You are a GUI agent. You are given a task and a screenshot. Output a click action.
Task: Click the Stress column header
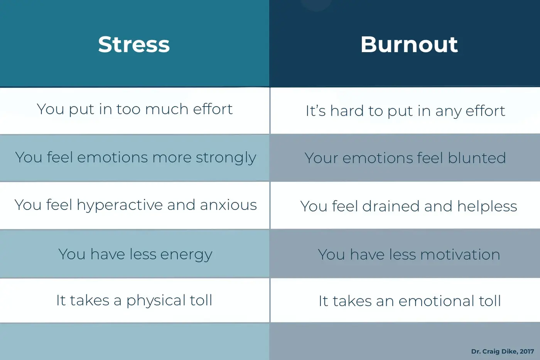tap(134, 44)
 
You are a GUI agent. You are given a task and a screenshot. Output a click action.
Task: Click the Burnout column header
tap(409, 44)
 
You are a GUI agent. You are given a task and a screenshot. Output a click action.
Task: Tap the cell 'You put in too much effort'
tap(135, 110)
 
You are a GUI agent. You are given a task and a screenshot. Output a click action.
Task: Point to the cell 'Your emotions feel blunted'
tap(405, 158)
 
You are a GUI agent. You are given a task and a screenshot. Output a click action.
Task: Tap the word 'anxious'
tap(228, 205)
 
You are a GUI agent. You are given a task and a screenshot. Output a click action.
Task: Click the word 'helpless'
tap(487, 206)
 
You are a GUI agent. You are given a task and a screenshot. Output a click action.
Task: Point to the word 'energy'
tap(186, 255)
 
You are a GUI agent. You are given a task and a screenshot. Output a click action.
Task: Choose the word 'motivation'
tap(460, 255)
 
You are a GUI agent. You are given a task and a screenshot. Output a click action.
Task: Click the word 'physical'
tap(156, 301)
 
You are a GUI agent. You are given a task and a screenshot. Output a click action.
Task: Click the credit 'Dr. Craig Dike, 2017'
tap(503, 352)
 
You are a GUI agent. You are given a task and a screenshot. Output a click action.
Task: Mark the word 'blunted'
tap(477, 158)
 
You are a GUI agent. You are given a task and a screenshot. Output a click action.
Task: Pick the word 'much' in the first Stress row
tap(167, 109)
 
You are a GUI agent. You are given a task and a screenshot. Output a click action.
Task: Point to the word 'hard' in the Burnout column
tap(347, 111)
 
